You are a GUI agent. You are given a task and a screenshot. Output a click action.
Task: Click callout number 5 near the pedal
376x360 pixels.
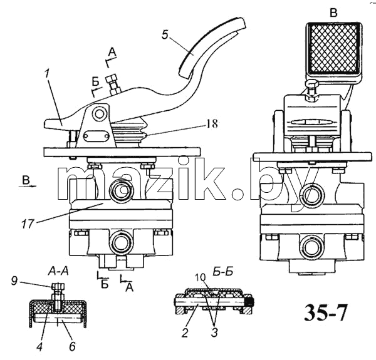(165, 34)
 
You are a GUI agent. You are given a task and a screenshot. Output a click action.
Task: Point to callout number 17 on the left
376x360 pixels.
(28, 224)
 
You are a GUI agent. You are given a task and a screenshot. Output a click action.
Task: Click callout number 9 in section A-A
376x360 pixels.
(14, 281)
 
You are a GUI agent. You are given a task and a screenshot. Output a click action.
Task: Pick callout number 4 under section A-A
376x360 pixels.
(40, 346)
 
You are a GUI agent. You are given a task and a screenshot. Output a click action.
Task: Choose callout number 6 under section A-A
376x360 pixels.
(73, 346)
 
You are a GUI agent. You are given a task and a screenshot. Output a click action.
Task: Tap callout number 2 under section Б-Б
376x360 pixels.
(185, 333)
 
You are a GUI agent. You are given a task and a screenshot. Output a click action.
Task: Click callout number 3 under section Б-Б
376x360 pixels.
(214, 332)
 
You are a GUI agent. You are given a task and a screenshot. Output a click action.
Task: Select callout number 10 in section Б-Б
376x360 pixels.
(200, 277)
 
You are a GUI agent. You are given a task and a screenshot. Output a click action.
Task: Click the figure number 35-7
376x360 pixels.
(326, 312)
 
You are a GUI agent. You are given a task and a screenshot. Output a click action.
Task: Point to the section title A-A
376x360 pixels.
(58, 271)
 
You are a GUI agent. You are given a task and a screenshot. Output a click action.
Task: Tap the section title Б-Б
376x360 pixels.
(223, 272)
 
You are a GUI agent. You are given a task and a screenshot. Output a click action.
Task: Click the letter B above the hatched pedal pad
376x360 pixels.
(333, 13)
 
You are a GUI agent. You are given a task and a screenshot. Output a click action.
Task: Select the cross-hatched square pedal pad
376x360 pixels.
(333, 49)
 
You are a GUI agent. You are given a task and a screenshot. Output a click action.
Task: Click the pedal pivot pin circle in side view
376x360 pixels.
(99, 114)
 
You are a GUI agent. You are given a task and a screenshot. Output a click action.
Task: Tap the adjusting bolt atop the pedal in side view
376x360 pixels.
(113, 85)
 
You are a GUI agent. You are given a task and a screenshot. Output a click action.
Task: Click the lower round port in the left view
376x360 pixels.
(121, 243)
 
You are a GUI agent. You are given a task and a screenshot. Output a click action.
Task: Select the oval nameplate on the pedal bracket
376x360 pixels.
(96, 136)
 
